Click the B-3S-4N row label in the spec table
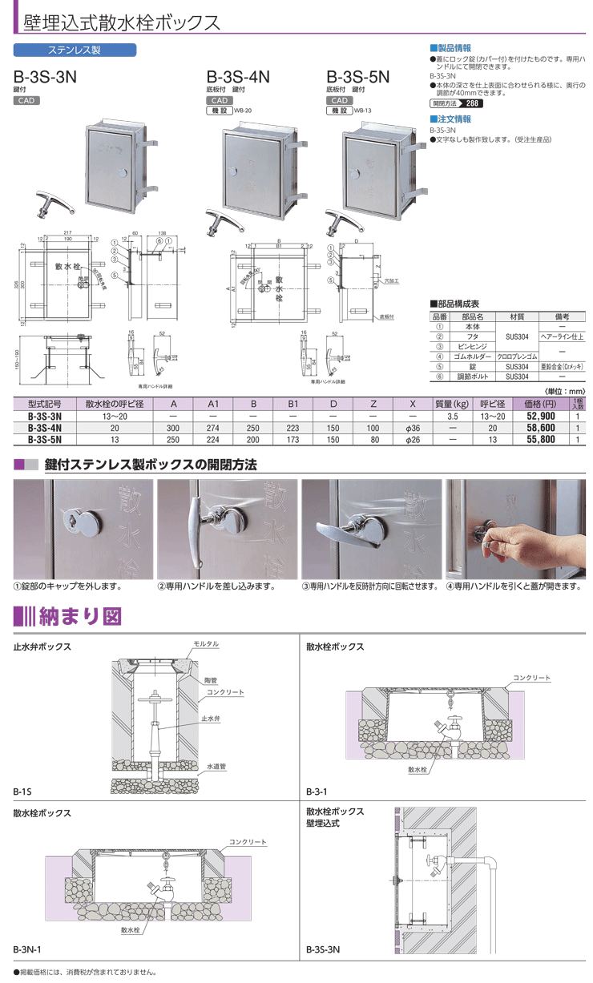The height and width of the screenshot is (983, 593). tap(45, 428)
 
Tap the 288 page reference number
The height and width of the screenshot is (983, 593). tap(473, 104)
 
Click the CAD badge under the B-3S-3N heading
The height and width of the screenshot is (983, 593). tap(26, 101)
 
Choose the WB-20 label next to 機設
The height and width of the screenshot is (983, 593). tap(243, 111)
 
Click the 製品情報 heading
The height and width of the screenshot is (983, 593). tap(454, 48)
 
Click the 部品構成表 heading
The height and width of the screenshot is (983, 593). tap(458, 305)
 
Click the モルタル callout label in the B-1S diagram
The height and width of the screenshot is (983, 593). tap(206, 644)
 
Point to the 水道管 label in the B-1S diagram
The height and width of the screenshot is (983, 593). tap(216, 767)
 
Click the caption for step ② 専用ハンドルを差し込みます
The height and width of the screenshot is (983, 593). tap(216, 586)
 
